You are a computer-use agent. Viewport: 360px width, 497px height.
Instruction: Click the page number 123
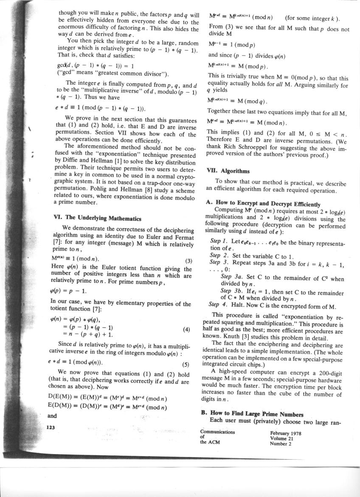coord(51,428)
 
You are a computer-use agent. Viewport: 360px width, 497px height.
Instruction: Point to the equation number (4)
coord(186,329)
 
